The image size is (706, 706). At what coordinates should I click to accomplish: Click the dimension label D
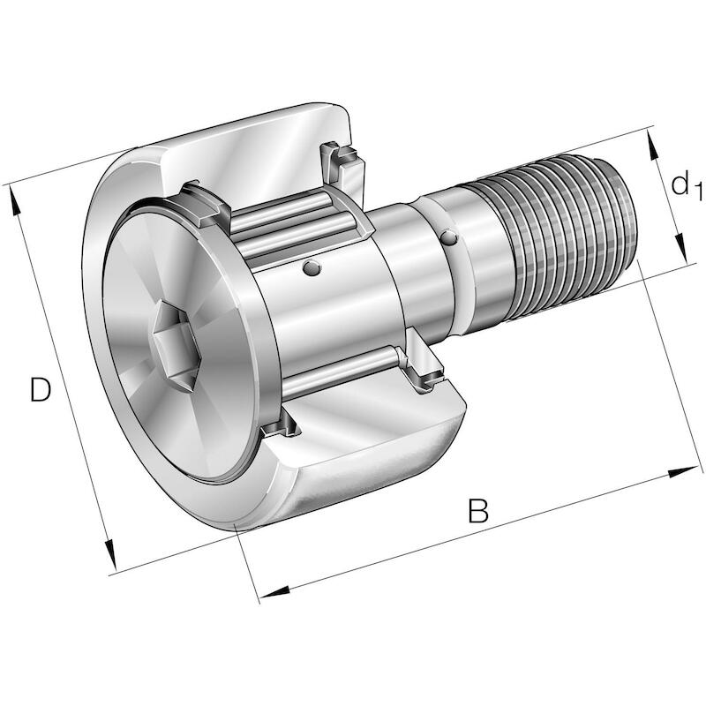[40, 389]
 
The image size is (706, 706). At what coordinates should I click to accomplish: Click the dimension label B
[477, 510]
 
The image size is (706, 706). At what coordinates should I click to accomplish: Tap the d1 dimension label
[687, 184]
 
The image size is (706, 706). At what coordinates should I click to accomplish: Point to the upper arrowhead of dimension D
[13, 202]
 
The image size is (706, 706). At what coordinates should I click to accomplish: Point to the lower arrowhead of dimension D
[110, 556]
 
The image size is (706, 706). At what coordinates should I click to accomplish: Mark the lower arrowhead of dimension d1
[680, 248]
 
